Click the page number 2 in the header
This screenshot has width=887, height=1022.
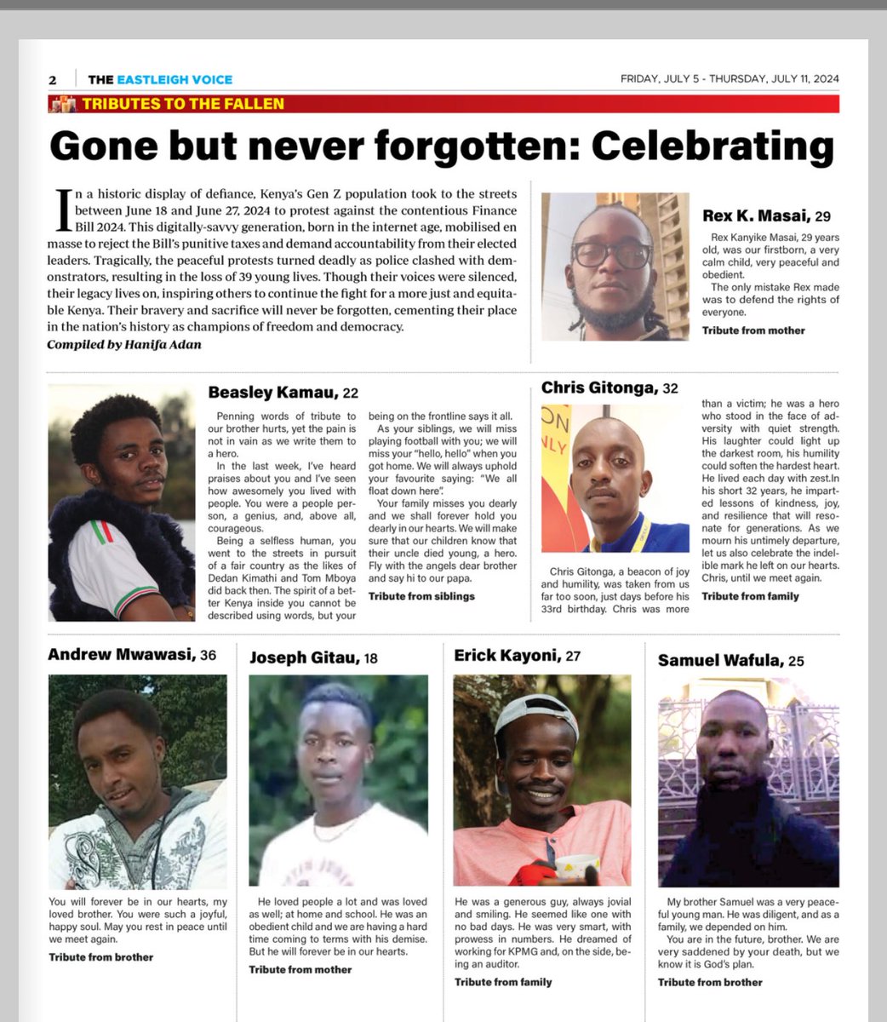(53, 80)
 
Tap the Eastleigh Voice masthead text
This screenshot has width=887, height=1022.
(160, 79)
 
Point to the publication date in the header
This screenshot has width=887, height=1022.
(730, 79)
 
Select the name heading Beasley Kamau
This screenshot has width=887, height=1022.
(272, 393)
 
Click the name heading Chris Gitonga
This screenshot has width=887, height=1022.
(599, 388)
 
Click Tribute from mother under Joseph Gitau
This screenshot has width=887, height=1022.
(300, 969)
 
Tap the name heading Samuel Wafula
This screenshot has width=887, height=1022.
(720, 660)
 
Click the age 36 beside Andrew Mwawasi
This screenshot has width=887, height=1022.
(208, 655)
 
